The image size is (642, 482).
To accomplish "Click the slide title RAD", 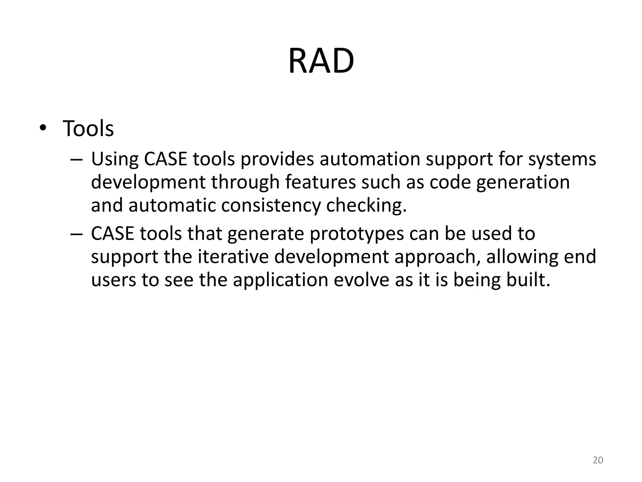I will [321, 61].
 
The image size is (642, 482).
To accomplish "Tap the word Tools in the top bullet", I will [88, 129].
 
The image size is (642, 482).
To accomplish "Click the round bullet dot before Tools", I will [43, 128].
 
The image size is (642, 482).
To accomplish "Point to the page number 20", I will [598, 460].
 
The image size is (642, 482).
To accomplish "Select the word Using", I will [114, 159].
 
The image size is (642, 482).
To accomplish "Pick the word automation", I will [370, 159].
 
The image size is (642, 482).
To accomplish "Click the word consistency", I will [271, 206].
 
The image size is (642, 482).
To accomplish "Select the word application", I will [280, 280].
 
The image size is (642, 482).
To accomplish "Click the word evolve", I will [361, 280].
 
